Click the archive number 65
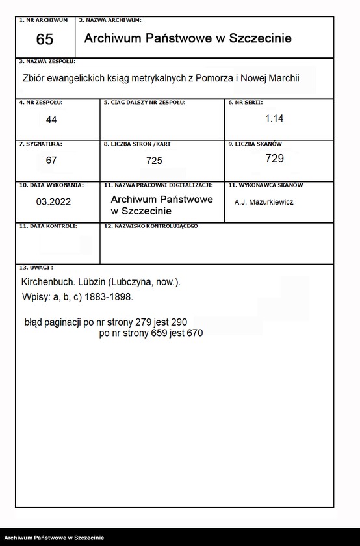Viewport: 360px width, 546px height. point(44,40)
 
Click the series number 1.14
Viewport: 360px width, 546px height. point(274,118)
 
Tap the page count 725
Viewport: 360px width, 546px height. point(155,161)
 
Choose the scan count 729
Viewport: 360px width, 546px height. point(274,159)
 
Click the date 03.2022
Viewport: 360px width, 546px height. point(53,201)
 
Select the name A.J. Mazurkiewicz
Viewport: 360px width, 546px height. point(264,202)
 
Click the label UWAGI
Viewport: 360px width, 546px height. point(39,267)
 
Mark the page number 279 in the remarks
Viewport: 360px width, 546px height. point(142,322)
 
